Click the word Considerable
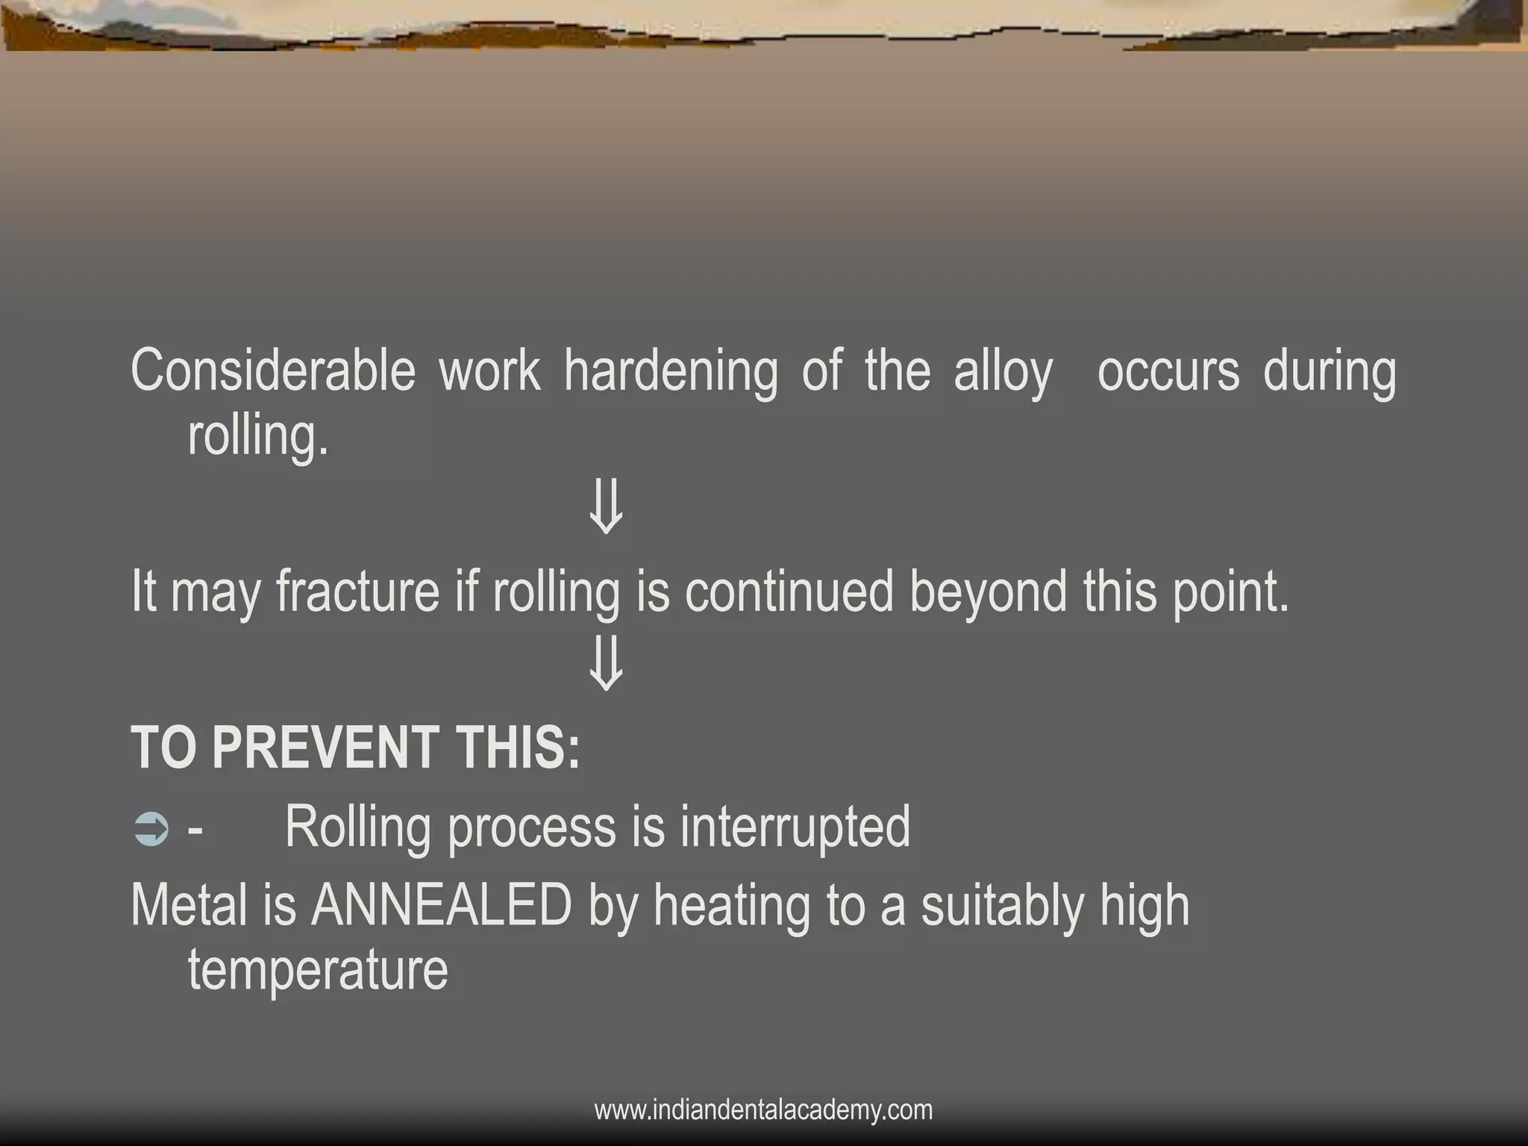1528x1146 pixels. [272, 371]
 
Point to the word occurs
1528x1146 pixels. [1168, 371]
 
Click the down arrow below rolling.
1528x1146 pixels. [605, 507]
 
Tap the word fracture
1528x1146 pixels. [358, 591]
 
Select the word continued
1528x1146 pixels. [789, 591]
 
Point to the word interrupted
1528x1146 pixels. [795, 827]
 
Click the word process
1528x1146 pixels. [532, 829]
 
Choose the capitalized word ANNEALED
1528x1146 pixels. [441, 906]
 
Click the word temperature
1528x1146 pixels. [318, 971]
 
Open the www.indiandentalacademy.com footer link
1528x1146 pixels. [763, 1109]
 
